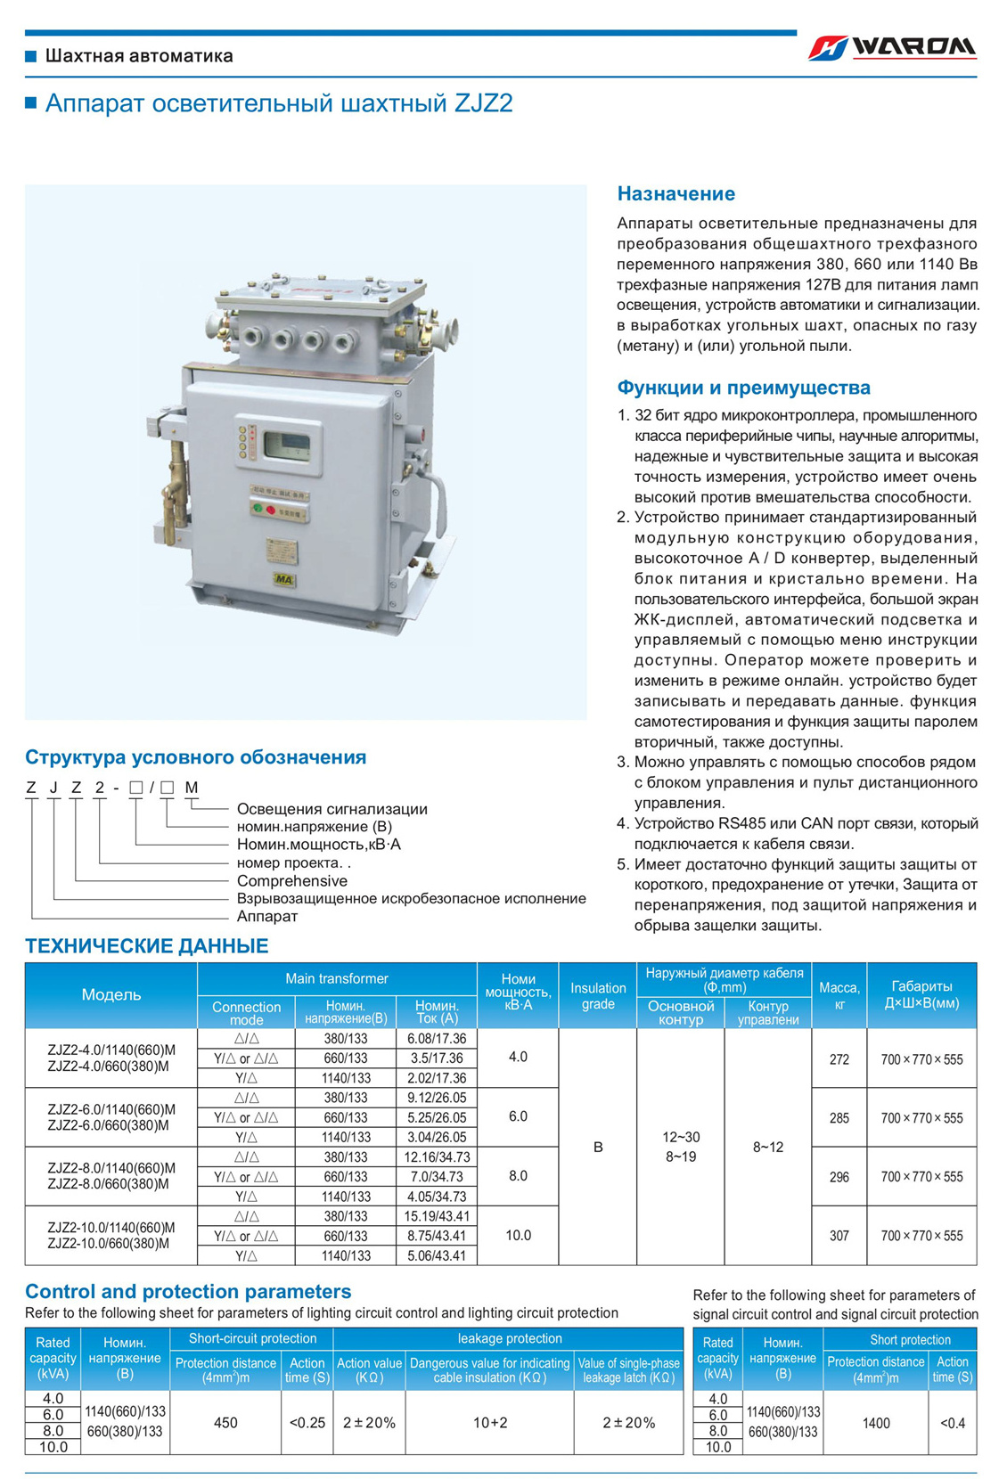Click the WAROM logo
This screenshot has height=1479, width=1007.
[892, 47]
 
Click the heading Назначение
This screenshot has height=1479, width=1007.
[676, 193]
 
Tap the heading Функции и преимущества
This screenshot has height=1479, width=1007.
[743, 388]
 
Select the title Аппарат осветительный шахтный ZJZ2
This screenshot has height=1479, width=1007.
[278, 103]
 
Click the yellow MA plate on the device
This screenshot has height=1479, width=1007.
[284, 580]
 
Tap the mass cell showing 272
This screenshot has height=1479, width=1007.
[839, 1059]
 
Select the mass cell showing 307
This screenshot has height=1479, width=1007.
[839, 1236]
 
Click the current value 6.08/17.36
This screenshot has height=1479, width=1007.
[437, 1039]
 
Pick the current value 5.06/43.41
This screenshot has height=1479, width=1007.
[437, 1255]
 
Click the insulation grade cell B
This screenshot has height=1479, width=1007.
[598, 1147]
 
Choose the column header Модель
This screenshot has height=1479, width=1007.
[111, 995]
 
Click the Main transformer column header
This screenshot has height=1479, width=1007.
[337, 979]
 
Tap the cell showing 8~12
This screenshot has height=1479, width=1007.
[768, 1147]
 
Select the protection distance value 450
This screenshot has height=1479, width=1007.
[225, 1423]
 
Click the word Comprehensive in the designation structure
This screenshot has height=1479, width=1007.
[292, 881]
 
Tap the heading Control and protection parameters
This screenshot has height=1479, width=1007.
[188, 1291]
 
